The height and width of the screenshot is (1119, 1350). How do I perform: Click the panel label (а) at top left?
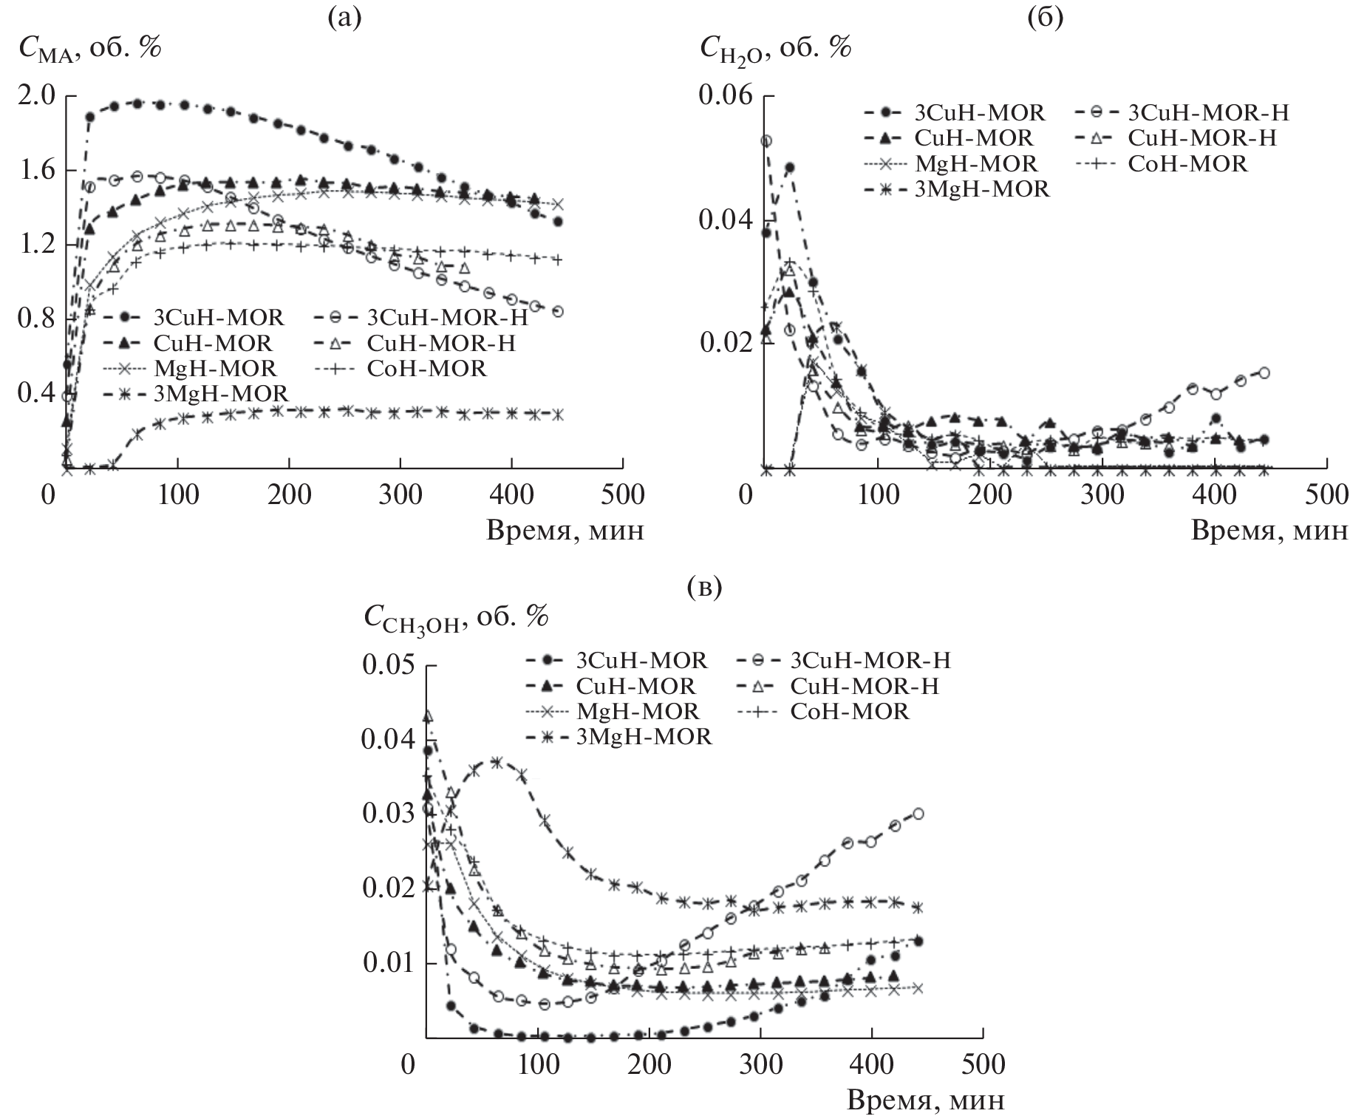coord(345,18)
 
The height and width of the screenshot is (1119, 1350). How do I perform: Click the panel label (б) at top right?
coord(1045,18)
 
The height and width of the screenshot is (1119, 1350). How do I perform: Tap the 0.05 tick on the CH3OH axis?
coord(388,665)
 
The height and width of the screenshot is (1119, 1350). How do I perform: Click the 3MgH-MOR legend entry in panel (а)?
coord(220,392)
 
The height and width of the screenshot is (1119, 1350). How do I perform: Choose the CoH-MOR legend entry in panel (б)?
coord(1187,163)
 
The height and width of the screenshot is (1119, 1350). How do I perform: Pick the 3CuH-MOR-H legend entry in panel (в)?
coord(870,659)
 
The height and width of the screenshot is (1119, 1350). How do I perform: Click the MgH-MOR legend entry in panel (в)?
coord(637,711)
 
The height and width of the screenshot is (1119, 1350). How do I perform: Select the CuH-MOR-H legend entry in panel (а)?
coord(440,343)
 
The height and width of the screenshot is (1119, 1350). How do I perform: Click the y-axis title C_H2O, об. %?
coord(775,49)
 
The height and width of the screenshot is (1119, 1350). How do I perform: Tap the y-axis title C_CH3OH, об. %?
coord(455,619)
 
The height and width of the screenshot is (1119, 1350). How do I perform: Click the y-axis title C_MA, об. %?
coord(89,49)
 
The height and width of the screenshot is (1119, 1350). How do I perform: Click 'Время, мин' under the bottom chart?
coord(925,1101)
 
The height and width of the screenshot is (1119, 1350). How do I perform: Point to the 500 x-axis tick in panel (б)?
coord(1326,494)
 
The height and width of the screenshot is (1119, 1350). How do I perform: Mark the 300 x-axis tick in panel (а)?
coord(401,494)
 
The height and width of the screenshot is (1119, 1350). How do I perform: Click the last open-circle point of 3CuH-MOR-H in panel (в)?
coord(918,814)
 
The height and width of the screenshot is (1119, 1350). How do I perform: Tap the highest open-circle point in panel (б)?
coord(767,140)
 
